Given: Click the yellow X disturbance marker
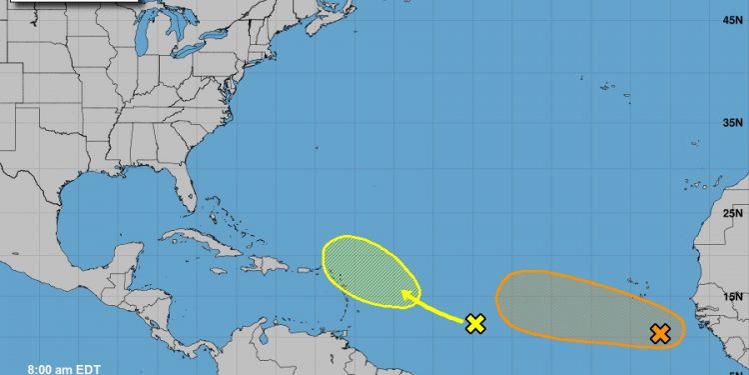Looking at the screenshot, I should tap(475, 322).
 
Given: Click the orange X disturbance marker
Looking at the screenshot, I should tap(659, 334).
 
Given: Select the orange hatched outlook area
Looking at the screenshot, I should tap(579, 310).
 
